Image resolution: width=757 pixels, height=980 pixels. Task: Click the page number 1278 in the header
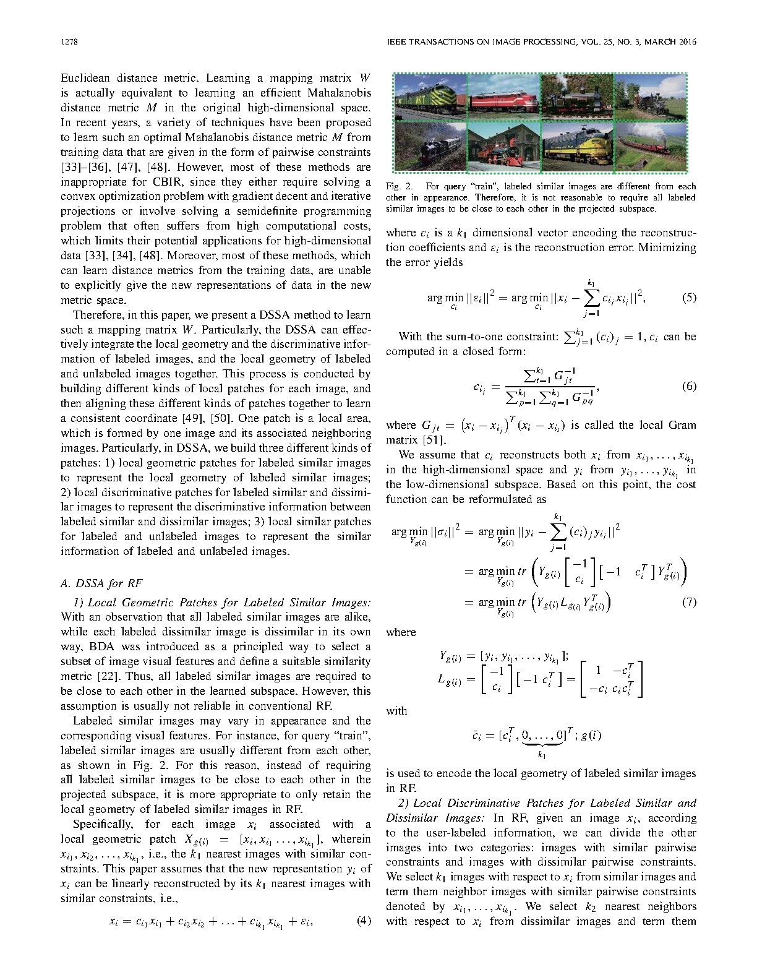click(x=68, y=42)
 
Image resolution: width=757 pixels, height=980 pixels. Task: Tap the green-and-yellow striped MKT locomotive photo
click(x=431, y=97)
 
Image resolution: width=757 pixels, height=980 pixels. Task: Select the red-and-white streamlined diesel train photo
click(x=503, y=97)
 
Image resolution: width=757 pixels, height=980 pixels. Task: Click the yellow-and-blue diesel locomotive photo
click(x=576, y=147)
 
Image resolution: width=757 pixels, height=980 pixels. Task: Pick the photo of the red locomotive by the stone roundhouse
click(x=503, y=147)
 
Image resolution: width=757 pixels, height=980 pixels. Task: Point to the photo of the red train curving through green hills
click(x=650, y=147)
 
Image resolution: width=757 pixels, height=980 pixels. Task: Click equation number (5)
click(x=689, y=298)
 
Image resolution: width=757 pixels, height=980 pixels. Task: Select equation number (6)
click(x=689, y=387)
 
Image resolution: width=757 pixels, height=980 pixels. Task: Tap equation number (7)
click(x=689, y=602)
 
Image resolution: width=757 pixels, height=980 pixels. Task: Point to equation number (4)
click(x=364, y=921)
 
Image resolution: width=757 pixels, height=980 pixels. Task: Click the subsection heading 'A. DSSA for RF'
click(x=101, y=583)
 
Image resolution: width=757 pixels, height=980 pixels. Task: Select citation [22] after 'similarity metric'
click(x=108, y=676)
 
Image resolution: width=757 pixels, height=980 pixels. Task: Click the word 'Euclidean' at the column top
click(x=85, y=78)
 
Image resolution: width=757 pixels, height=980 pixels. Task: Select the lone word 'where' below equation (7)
click(x=401, y=632)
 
